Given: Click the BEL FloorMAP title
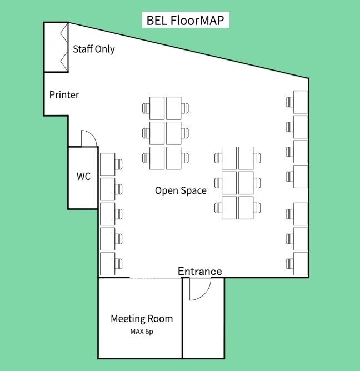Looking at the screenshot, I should click(186, 21).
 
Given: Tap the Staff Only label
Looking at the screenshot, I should click(93, 49).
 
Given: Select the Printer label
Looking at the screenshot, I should click(64, 94).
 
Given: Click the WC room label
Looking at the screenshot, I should click(83, 177).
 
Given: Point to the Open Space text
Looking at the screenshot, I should click(181, 190).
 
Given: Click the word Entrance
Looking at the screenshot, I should click(199, 271).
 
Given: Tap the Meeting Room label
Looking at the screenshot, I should click(141, 319).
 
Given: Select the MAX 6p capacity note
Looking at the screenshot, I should click(141, 332).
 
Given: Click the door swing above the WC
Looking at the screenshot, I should click(89, 138).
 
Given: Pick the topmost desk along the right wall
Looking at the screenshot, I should click(301, 102).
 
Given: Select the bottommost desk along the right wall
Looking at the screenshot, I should click(301, 263).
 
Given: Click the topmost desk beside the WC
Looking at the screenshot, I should click(108, 164).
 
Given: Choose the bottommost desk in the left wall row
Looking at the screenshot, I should click(108, 263).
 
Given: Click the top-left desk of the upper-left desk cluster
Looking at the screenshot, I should click(157, 108).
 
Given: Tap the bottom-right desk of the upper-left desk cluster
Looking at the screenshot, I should click(174, 158).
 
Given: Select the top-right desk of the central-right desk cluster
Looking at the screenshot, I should click(246, 158).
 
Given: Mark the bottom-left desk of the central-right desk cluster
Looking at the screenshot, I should click(229, 207).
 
